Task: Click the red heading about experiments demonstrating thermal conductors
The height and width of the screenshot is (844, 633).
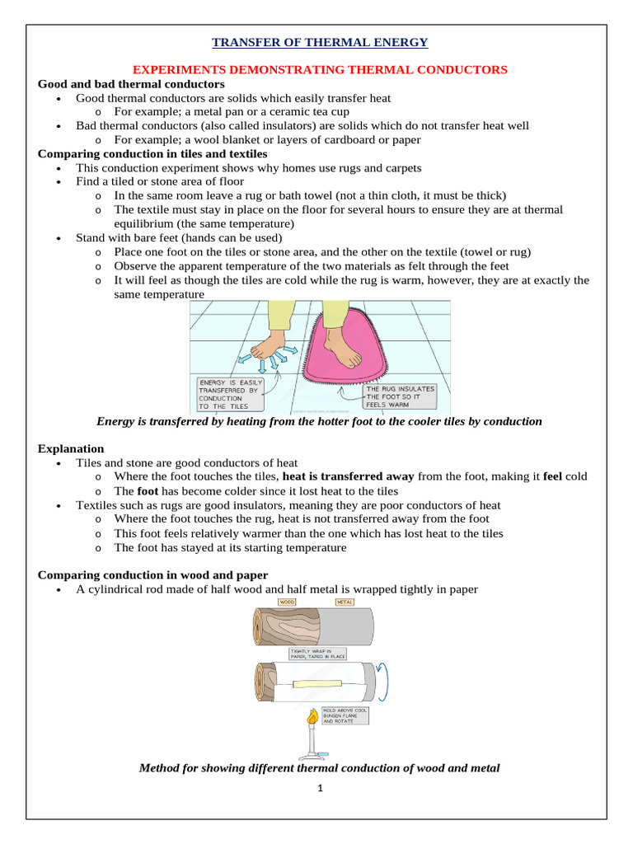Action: pyautogui.click(x=320, y=70)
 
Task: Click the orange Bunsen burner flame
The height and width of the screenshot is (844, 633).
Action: pyautogui.click(x=312, y=718)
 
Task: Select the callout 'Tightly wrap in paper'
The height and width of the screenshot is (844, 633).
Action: pyautogui.click(x=312, y=654)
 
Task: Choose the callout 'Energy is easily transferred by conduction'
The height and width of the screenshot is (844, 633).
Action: pyautogui.click(x=230, y=394)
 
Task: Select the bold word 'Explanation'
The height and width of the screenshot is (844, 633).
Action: pyautogui.click(x=71, y=448)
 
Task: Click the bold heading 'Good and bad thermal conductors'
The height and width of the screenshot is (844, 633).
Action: pyautogui.click(x=131, y=84)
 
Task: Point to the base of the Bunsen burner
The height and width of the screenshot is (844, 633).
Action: pyautogui.click(x=312, y=755)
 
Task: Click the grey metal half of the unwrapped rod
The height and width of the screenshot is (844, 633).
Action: pyautogui.click(x=345, y=627)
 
